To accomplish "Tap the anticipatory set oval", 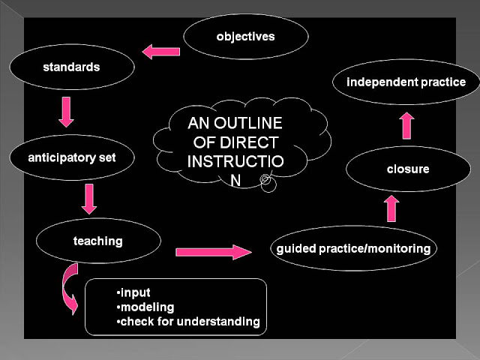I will click(72, 158).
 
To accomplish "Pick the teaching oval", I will click(98, 241).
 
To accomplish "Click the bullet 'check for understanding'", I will click(188, 322).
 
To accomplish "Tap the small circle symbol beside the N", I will click(266, 180).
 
